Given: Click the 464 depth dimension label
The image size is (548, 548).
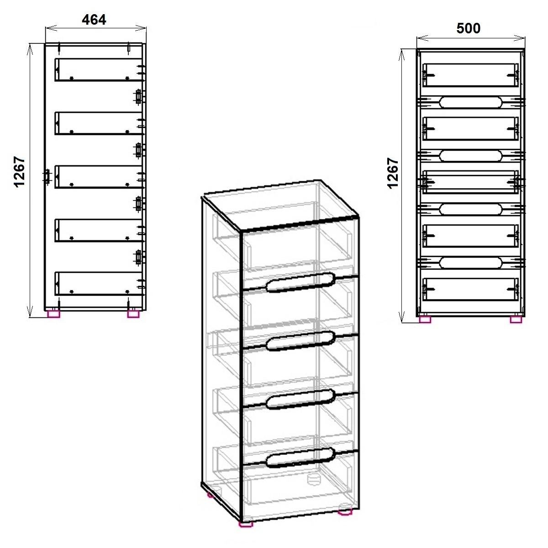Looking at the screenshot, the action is pos(94,20).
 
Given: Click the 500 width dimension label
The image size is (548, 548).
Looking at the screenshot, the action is pos(469,28).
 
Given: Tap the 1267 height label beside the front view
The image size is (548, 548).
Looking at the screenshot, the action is pos(393,173).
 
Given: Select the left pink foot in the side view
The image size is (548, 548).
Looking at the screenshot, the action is pos(54,314).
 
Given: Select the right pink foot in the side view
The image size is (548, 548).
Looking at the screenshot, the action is pos(133,314).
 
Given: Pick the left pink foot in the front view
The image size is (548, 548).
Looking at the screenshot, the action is pos(425,319).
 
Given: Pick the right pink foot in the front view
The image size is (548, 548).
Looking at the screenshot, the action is pos(516,319).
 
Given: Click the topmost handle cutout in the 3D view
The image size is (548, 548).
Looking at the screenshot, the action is pos(300,282).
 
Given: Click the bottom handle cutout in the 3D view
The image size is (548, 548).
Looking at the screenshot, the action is pos(300,457).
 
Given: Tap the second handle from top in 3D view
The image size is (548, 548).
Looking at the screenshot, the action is pos(300,341).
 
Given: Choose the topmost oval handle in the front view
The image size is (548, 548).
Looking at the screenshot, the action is pos(471,102).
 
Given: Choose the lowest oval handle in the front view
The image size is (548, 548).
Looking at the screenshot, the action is pos(471,263).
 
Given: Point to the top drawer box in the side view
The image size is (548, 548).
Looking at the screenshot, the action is pos(98,70).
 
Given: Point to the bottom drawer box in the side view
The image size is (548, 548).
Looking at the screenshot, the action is pos(98,284).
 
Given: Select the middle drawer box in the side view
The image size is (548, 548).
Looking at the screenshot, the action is pos(98,177).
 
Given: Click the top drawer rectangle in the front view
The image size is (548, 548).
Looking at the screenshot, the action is pos(471,75).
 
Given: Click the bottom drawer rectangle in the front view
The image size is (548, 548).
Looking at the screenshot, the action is pos(471,289).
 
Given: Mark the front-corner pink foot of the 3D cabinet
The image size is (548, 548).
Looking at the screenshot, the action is pos(246,532).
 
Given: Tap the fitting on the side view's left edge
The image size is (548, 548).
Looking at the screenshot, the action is pos(47,177).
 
